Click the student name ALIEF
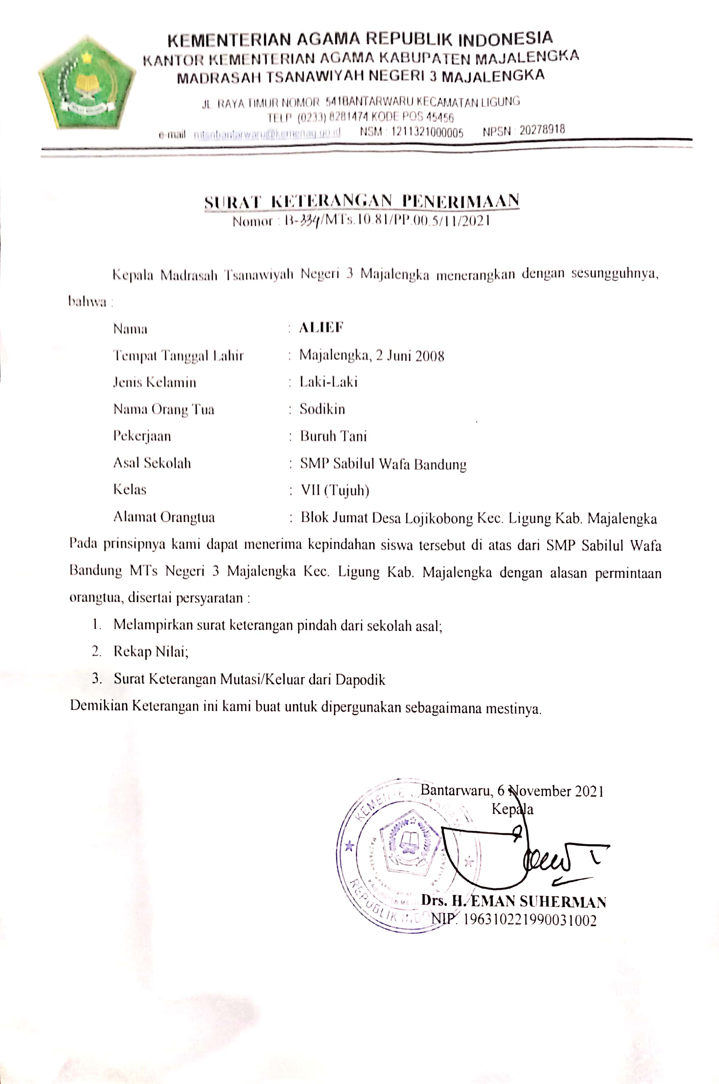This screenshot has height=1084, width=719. coord(321,327)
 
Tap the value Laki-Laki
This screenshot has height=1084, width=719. coord(328,382)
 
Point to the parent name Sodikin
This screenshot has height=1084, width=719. coord(322,409)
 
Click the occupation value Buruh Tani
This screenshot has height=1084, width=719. coord(333,436)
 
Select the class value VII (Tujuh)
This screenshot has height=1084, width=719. coord(335,490)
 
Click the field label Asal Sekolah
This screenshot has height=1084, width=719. coord(152,463)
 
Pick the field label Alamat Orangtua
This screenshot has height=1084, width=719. coord(164,517)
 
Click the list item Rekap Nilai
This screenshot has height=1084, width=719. coord(151,651)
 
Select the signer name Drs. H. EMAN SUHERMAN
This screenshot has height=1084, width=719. coord(514,902)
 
